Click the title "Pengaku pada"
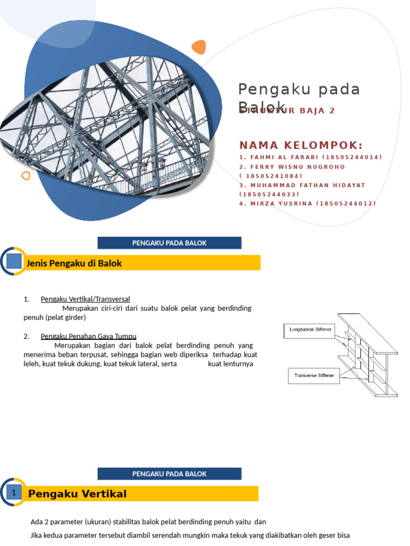(x=299, y=89)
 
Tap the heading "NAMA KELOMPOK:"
(x=301, y=146)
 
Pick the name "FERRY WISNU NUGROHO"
(x=297, y=166)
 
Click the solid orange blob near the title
(x=199, y=47)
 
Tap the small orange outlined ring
(x=25, y=175)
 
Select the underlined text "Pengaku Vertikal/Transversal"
(x=85, y=299)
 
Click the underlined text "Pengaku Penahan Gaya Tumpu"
(x=89, y=336)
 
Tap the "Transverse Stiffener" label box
(x=314, y=375)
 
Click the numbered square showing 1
(x=14, y=493)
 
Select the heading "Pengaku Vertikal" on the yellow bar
(x=78, y=494)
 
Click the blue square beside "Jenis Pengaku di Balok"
(x=14, y=261)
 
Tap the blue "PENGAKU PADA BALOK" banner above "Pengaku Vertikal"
(x=169, y=473)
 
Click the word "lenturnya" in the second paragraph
(x=230, y=364)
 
